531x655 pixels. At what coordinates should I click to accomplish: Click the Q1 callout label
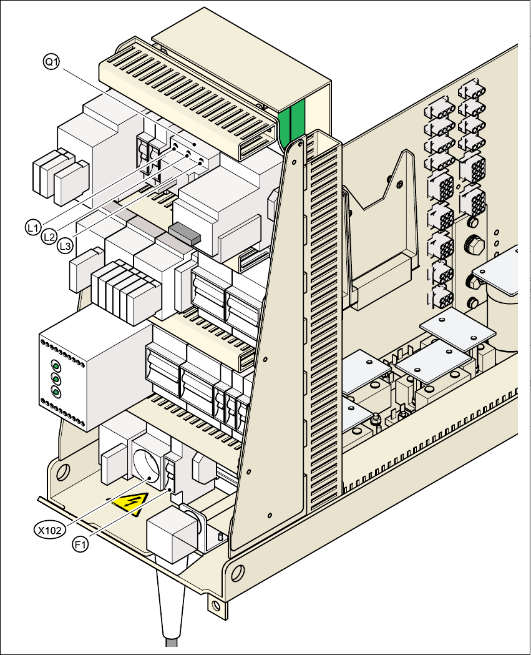(51, 61)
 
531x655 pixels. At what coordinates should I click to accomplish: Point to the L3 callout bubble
(65, 247)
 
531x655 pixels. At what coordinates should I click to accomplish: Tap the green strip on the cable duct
(291, 122)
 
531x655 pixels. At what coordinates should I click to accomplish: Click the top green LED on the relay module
(56, 367)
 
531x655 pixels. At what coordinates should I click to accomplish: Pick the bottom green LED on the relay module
(56, 392)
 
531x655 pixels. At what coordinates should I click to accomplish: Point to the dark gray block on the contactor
(184, 232)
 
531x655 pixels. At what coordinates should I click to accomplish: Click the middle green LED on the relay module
(56, 379)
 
